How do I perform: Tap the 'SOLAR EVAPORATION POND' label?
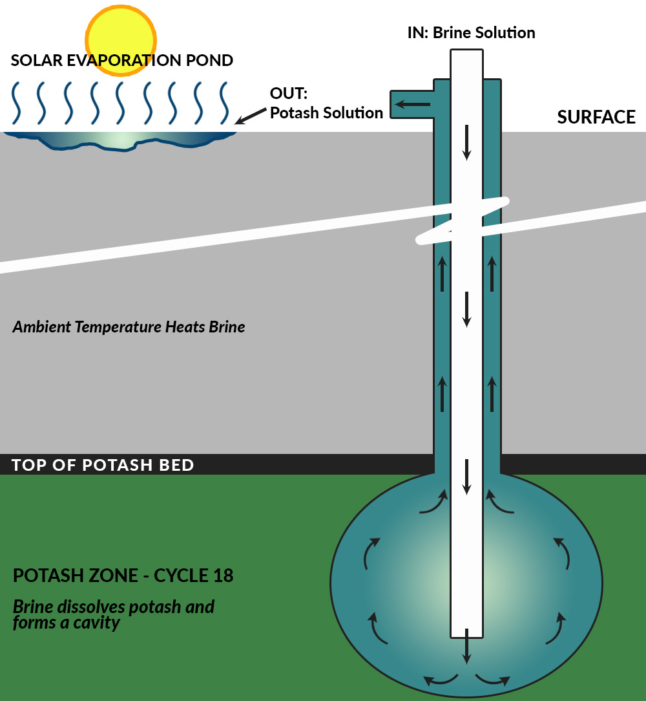[x=122, y=61]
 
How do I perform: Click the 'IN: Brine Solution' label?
[x=471, y=32]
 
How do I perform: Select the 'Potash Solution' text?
[x=326, y=113]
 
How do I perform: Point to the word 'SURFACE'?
[x=596, y=117]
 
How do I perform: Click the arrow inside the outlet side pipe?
[x=412, y=103]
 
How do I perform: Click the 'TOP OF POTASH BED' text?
[x=103, y=465]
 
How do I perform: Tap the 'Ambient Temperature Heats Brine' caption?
[x=129, y=327]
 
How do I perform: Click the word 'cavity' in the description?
[x=98, y=623]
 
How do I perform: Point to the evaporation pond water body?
[x=120, y=141]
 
